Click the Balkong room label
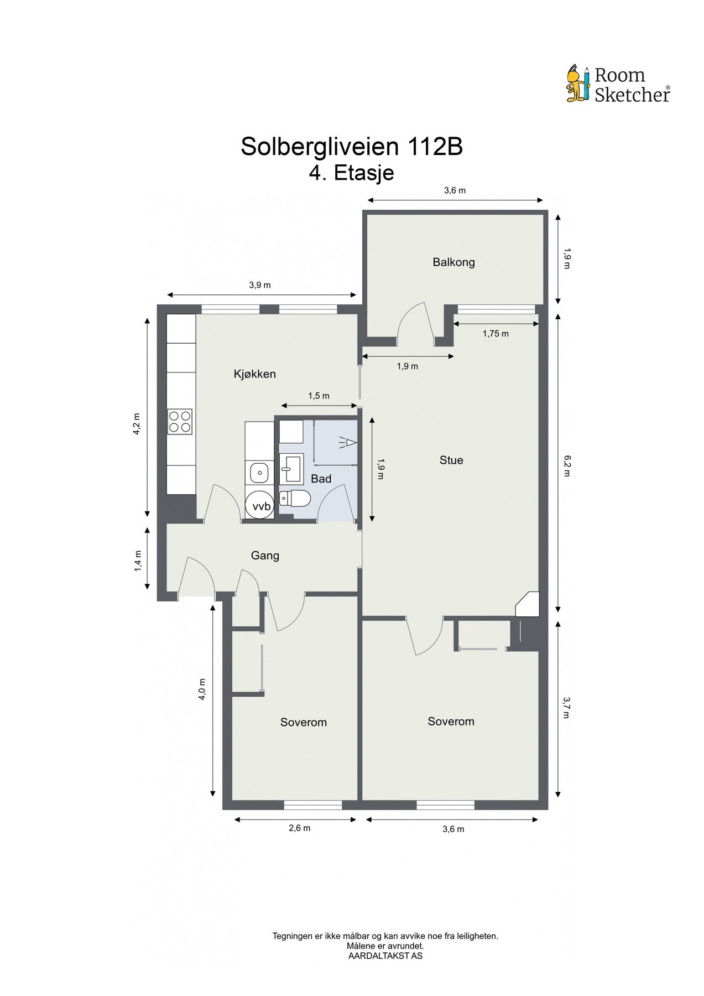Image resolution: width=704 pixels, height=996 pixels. point(453,262)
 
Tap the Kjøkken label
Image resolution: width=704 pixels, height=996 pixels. point(254,374)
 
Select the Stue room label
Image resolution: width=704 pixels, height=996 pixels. point(451,460)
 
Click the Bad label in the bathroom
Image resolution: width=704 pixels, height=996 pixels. point(321,479)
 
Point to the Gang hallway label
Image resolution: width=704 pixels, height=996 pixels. point(265,556)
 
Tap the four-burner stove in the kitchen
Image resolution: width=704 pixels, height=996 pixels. point(180,422)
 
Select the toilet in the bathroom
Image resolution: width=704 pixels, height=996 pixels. point(293,499)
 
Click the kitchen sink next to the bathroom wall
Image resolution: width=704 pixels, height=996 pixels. point(259,473)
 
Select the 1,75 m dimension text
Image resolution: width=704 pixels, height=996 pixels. point(496,334)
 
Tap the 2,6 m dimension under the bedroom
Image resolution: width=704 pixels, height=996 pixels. point(299,828)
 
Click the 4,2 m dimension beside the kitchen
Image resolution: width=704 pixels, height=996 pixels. point(136,424)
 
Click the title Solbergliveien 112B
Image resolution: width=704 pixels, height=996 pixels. point(352,147)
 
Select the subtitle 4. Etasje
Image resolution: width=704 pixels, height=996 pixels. point(352,173)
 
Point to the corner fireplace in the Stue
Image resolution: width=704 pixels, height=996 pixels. point(528,604)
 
